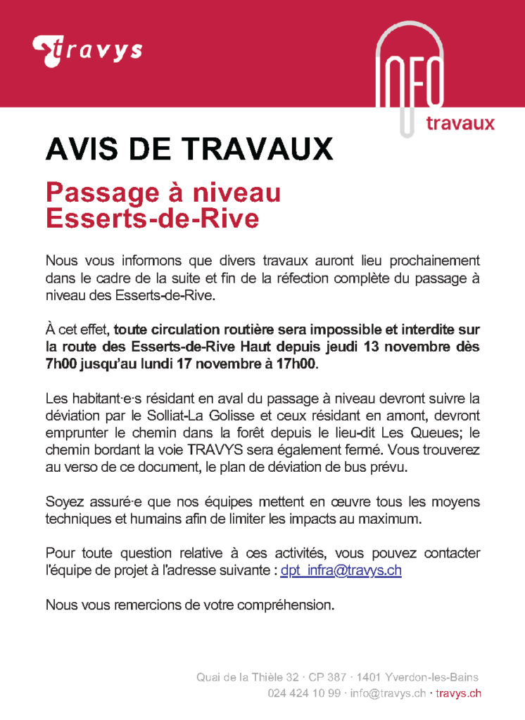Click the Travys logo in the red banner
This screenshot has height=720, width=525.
[87, 51]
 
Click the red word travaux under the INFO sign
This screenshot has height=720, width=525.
[461, 123]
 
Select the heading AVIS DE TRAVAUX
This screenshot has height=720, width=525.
[189, 149]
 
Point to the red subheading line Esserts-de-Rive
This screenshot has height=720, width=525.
[152, 219]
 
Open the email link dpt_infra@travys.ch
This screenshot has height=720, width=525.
[341, 570]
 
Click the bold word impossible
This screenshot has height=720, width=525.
[333, 329]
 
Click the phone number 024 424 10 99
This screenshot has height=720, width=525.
[305, 693]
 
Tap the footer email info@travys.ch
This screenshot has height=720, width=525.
[388, 693]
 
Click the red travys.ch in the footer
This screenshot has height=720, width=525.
[459, 693]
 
